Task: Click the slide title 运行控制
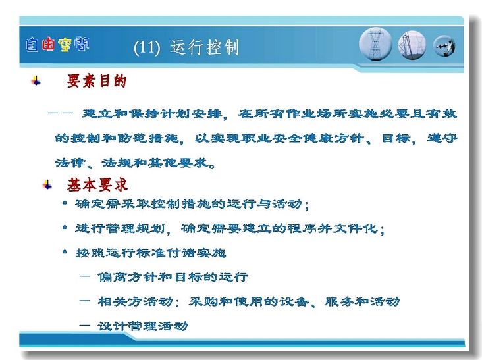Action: coord(204,47)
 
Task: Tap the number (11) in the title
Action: coord(147,48)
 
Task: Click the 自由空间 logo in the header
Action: coord(57,45)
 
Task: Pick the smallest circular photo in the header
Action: coord(444,46)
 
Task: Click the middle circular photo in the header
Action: coord(412,45)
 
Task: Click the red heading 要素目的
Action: coord(96,81)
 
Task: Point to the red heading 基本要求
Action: coord(97,185)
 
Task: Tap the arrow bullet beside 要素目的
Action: coord(36,81)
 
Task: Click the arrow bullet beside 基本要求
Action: coord(47,185)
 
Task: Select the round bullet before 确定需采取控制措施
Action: coord(65,203)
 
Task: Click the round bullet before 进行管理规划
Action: coord(65,228)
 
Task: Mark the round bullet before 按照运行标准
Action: coord(65,252)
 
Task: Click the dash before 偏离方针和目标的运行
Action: coord(84,276)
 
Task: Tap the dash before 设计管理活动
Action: coord(84,325)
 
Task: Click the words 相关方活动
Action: coord(135,301)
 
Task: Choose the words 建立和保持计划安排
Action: coord(152,114)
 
